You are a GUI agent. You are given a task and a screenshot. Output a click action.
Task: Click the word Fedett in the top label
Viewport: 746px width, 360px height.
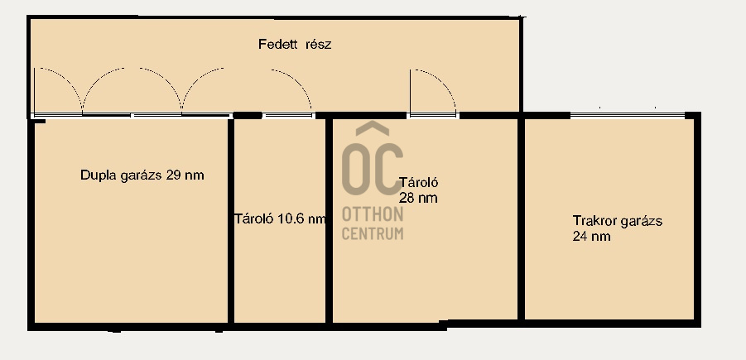point(278,45)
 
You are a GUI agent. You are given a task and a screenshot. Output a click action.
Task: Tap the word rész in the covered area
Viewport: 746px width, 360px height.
point(318,45)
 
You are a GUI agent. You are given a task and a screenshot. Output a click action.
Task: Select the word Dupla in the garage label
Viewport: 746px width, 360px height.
point(97,175)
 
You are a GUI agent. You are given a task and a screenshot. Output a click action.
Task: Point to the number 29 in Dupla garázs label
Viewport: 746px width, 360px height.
point(174,175)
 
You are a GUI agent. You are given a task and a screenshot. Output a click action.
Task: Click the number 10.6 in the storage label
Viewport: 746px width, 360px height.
point(291,218)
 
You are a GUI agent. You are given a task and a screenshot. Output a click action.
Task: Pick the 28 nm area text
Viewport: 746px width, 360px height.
point(418,198)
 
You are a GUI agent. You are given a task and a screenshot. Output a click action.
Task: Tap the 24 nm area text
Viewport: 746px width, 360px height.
point(592,236)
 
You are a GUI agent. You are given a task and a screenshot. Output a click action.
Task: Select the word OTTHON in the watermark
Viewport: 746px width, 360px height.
point(373,214)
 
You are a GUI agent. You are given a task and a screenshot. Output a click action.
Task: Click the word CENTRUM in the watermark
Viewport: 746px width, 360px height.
point(373,233)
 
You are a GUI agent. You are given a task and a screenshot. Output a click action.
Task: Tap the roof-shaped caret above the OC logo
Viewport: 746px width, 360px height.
point(373,127)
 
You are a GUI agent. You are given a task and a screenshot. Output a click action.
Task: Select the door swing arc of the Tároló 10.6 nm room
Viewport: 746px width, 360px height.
point(299,82)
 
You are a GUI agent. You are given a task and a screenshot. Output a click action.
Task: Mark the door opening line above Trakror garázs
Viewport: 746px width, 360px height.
point(627,114)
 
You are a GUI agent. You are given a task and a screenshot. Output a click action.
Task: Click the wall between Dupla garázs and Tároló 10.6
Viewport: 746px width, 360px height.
point(231,221)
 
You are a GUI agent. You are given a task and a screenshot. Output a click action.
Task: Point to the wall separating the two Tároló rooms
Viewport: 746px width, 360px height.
point(329,221)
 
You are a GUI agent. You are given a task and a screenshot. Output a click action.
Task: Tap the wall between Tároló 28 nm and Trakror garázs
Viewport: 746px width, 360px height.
point(521,218)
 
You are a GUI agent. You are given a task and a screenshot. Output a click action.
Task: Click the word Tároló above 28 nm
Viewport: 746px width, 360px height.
point(419,183)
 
